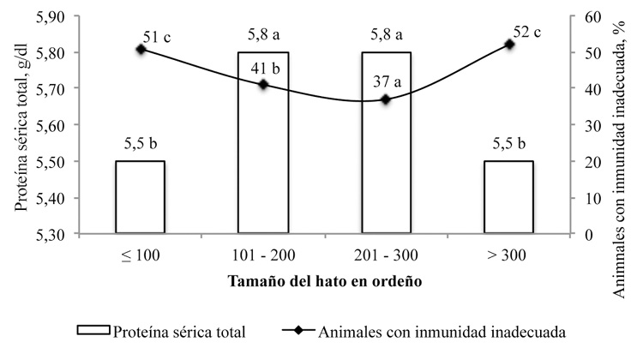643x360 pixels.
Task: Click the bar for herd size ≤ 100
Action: [x=140, y=197]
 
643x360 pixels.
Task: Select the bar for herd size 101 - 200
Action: [x=262, y=142]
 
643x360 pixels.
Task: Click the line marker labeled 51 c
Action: [x=141, y=49]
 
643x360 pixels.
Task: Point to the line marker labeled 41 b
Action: [x=262, y=84]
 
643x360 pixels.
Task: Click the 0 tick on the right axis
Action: [x=584, y=233]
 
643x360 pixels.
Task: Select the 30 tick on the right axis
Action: [x=587, y=125]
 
